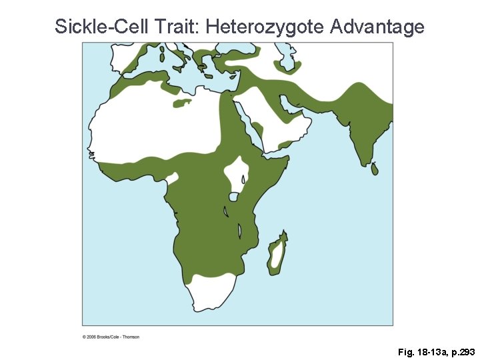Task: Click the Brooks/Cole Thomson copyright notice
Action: tap(111, 337)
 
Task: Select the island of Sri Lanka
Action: tap(375, 169)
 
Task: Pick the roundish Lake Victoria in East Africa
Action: tap(234, 197)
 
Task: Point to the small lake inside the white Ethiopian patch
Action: tap(243, 179)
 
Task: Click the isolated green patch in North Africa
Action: tap(181, 103)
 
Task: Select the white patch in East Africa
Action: tap(237, 172)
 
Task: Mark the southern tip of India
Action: tap(364, 162)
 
